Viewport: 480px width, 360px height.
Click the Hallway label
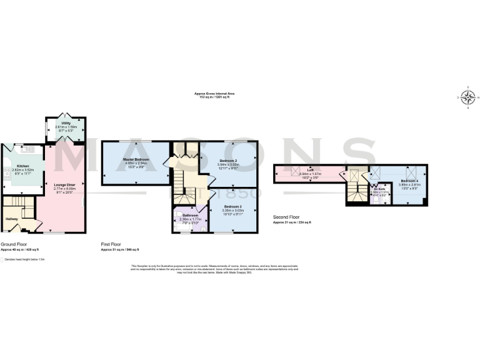[12, 219]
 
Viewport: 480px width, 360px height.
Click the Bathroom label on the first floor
[190, 216]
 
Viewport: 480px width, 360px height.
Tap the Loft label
[309, 170]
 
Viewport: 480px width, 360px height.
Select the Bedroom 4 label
[402, 181]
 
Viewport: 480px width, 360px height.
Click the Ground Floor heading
[12, 244]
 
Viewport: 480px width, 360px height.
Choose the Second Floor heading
[286, 217]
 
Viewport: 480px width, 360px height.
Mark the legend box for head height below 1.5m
[2, 259]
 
